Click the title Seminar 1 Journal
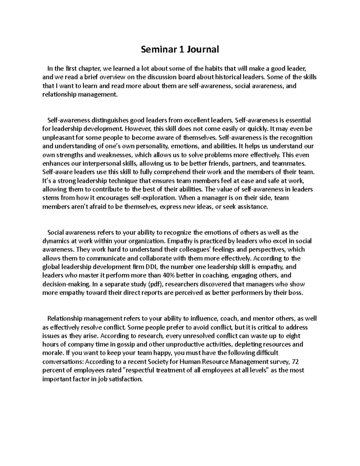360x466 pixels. click(180, 49)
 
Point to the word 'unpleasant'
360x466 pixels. click(56, 138)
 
